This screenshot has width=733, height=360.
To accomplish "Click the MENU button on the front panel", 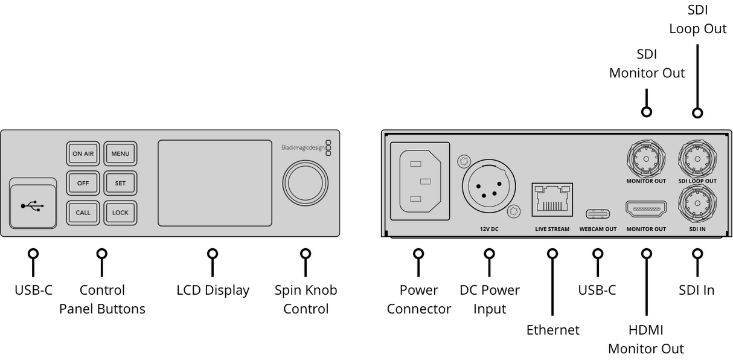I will [120, 153].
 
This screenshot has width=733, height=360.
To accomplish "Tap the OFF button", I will [83, 183].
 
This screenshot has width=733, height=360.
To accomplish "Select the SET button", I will [120, 183].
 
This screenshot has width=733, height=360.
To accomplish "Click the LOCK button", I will [120, 213].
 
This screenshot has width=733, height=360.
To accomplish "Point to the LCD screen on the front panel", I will [214, 183].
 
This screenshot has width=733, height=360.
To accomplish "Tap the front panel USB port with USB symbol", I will [33, 206].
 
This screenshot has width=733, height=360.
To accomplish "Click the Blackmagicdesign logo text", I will [302, 147].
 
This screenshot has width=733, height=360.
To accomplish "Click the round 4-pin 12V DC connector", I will [489, 188].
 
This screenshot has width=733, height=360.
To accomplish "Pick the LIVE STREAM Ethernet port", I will [552, 200].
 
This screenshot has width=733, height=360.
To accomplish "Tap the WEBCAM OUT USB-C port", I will [597, 214].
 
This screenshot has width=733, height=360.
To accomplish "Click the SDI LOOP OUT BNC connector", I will [697, 159].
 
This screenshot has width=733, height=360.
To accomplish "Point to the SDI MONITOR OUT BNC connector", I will [646, 159].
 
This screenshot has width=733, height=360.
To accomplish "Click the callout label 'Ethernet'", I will [552, 330].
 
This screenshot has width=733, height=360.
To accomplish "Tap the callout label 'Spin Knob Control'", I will [306, 299].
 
